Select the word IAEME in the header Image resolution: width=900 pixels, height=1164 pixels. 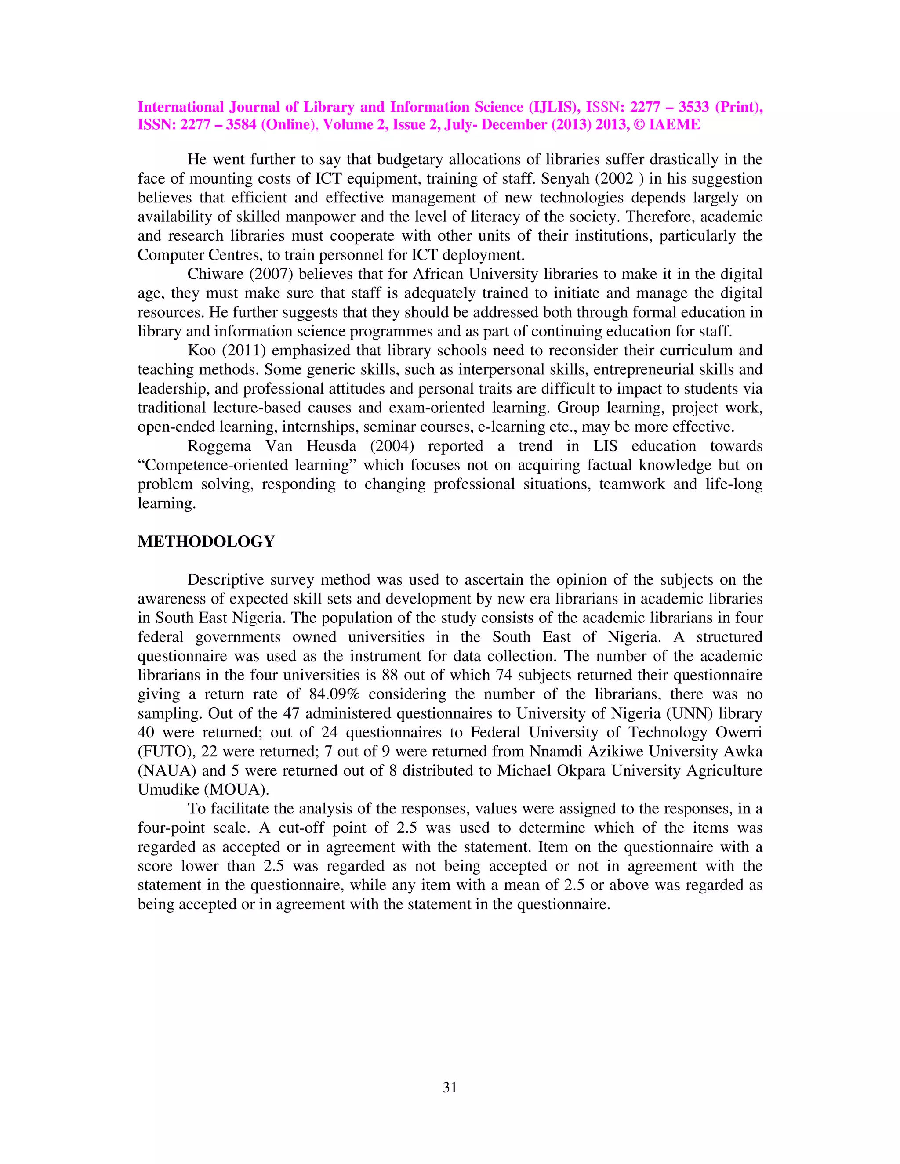(674, 125)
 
